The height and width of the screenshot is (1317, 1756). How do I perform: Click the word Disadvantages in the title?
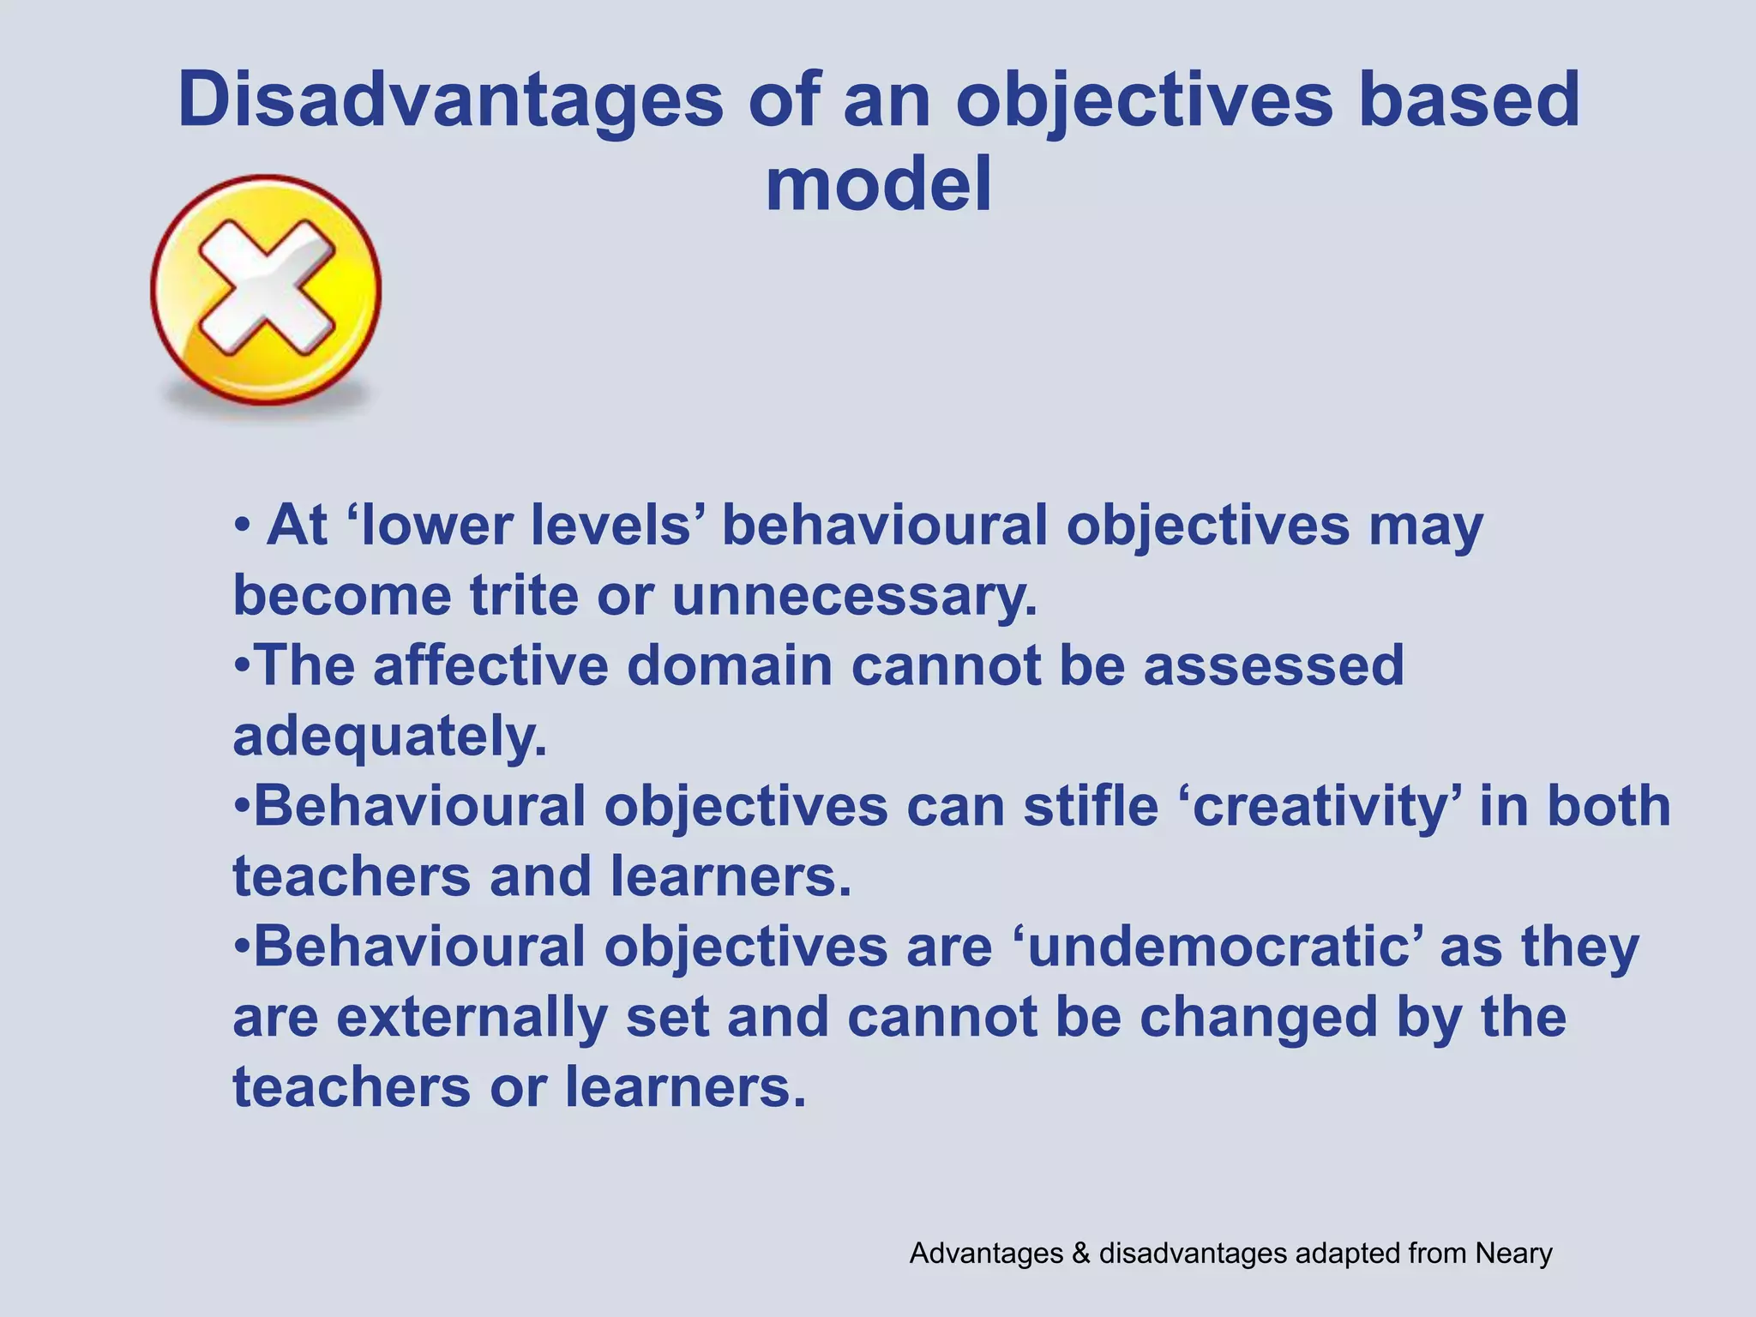pos(450,101)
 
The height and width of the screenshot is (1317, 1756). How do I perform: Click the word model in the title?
pos(878,184)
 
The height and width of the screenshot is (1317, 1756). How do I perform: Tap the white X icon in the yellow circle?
pos(266,287)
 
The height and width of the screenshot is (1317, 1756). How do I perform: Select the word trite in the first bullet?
pos(524,595)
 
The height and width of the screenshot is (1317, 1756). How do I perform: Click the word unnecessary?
pos(854,595)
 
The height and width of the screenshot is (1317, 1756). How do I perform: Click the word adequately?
pos(389,736)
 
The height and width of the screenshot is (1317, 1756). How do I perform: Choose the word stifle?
pos(1091,806)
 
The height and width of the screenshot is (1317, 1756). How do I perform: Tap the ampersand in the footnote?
pos(1079,1254)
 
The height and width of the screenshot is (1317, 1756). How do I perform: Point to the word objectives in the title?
pos(1145,101)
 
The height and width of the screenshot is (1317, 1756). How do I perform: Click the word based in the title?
pos(1470,101)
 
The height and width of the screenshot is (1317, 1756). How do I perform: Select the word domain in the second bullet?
pos(730,665)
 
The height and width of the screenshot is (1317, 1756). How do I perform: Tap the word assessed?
pos(1273,665)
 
